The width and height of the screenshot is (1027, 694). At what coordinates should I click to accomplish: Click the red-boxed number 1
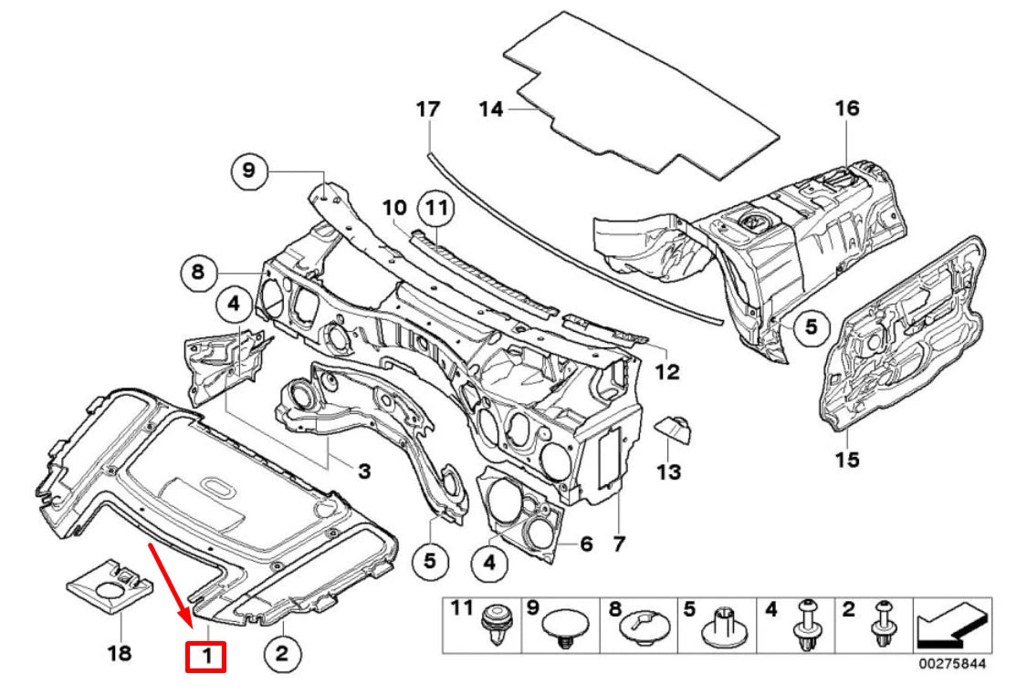click(x=205, y=655)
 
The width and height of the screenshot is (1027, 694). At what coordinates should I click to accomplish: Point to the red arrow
click(x=171, y=583)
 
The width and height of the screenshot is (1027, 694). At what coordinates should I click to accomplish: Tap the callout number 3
click(x=363, y=471)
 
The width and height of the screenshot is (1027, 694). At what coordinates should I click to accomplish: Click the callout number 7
click(x=619, y=544)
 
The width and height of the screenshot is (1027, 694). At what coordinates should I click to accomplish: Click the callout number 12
click(x=667, y=372)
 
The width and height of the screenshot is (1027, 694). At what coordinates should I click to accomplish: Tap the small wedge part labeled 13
click(x=673, y=427)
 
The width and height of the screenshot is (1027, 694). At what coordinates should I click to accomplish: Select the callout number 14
click(x=491, y=109)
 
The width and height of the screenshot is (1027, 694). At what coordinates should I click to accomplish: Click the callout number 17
click(x=428, y=109)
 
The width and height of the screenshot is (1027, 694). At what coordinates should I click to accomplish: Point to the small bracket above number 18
click(x=110, y=580)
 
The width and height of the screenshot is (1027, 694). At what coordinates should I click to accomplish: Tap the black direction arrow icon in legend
click(x=953, y=626)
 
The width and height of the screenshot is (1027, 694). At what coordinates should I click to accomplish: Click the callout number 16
click(x=847, y=109)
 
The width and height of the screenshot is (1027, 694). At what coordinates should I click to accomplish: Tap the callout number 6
click(x=586, y=544)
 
